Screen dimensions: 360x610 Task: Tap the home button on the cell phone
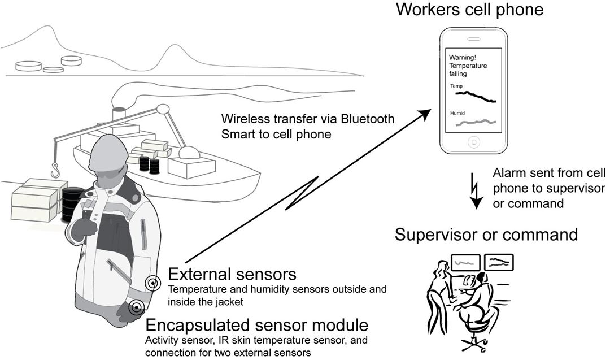coord(474,141)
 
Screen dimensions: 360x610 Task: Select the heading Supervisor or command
coord(486,234)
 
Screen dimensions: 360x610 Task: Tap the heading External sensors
coord(232,275)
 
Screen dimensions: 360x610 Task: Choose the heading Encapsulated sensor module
coord(257,326)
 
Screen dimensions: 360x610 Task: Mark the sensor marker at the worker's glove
coord(136,308)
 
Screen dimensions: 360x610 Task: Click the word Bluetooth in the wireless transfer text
coord(365,120)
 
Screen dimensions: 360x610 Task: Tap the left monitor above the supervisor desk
coord(465,262)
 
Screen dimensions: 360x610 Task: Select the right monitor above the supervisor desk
coord(499,261)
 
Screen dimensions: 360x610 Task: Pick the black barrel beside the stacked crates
coord(71,203)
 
